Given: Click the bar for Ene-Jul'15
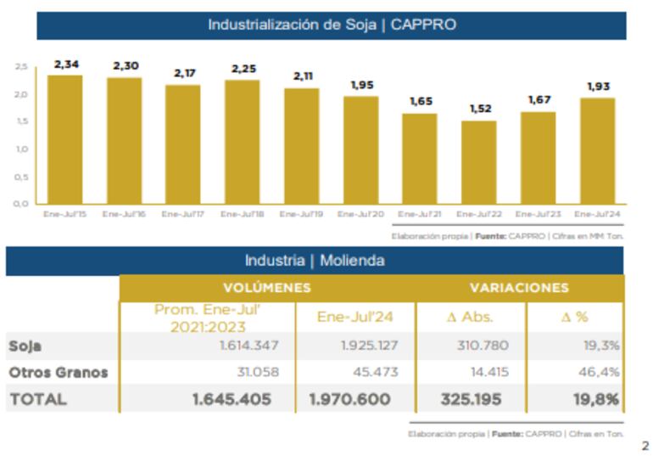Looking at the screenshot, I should point(65,139).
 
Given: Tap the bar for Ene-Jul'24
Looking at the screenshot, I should point(597,150).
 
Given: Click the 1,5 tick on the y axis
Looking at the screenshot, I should point(21,121).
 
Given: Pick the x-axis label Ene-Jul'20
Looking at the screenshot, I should point(360,214).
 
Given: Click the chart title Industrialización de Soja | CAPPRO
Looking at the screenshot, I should point(332,25).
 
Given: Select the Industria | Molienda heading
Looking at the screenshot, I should point(315,261).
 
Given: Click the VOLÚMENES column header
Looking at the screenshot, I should point(266,289).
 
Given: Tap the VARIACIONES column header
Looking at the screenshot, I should point(518,289).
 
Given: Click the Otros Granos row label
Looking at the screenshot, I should point(59,372).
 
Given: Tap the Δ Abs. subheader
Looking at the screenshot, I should point(470,317).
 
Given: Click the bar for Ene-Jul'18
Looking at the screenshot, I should point(243,142).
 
